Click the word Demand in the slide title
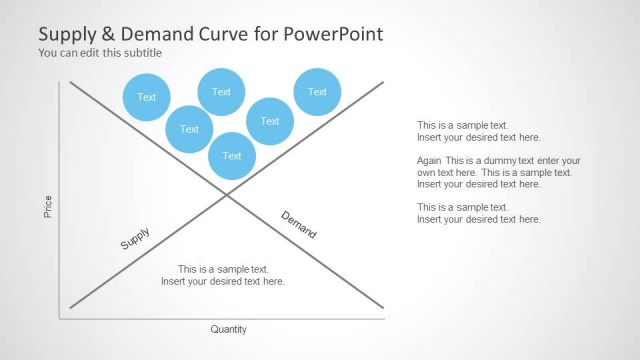click(146, 34)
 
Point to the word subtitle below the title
click(142, 53)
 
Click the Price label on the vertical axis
click(47, 207)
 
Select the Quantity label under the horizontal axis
click(228, 329)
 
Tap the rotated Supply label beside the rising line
click(135, 239)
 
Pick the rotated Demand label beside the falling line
click(298, 225)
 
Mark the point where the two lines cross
click(226, 194)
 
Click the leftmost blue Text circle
click(147, 97)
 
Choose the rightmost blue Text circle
click(317, 92)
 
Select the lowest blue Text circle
click(232, 155)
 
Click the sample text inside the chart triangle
click(223, 275)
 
